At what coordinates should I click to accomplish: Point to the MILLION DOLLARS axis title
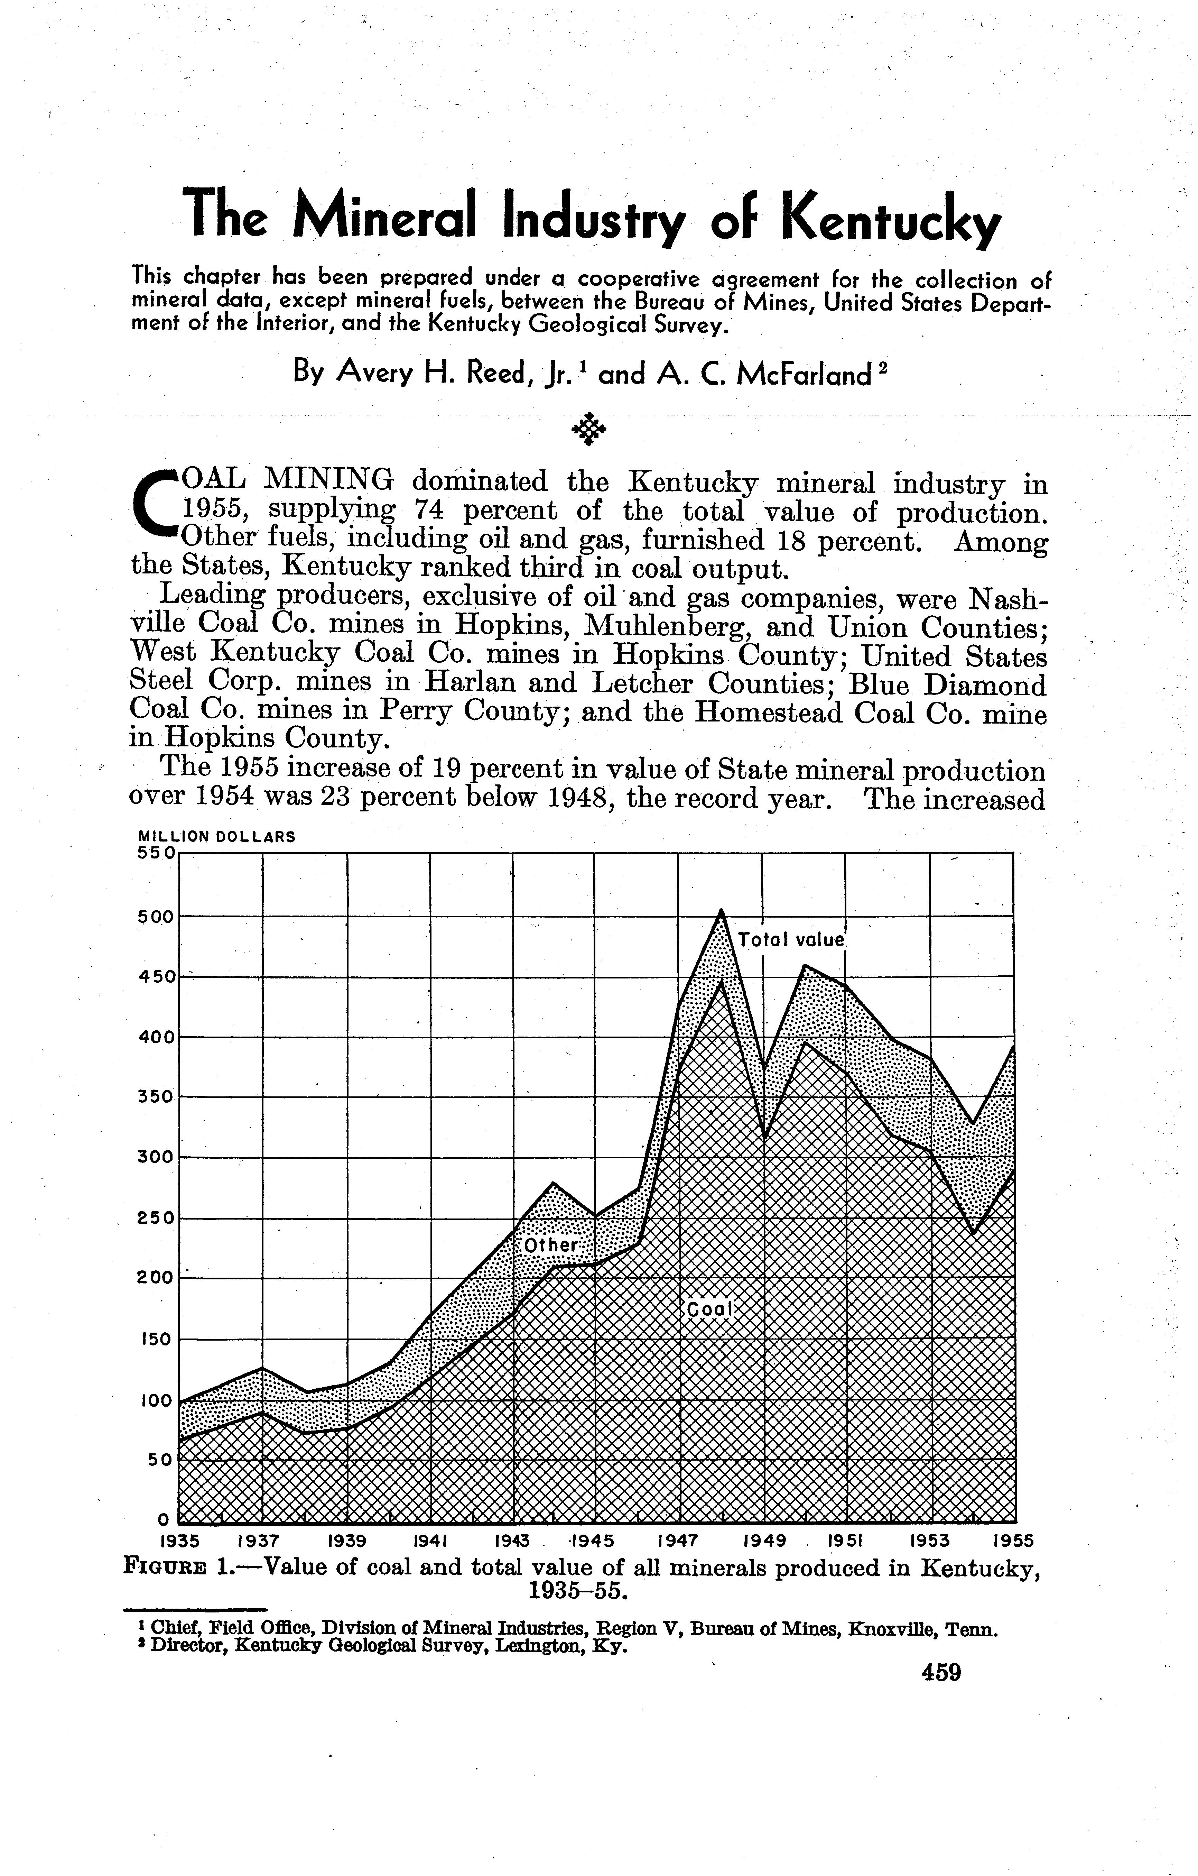(216, 837)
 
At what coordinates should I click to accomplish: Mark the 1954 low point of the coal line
(972, 1235)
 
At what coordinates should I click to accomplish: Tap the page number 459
(941, 1673)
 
